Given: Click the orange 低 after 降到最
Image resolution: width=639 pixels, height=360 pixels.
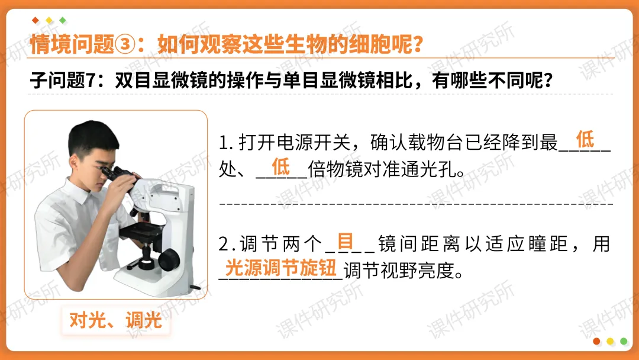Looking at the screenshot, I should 585,140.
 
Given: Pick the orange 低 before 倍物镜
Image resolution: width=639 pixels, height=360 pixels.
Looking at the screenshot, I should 280,166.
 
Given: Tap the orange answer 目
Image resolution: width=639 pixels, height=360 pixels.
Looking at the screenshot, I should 346,242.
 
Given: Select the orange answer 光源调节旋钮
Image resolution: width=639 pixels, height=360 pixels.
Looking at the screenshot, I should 281,267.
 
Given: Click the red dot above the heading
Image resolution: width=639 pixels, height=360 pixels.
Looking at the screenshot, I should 35,20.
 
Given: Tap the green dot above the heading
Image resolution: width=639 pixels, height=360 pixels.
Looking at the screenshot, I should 63,20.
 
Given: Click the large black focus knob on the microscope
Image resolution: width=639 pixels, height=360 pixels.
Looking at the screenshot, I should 170,258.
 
